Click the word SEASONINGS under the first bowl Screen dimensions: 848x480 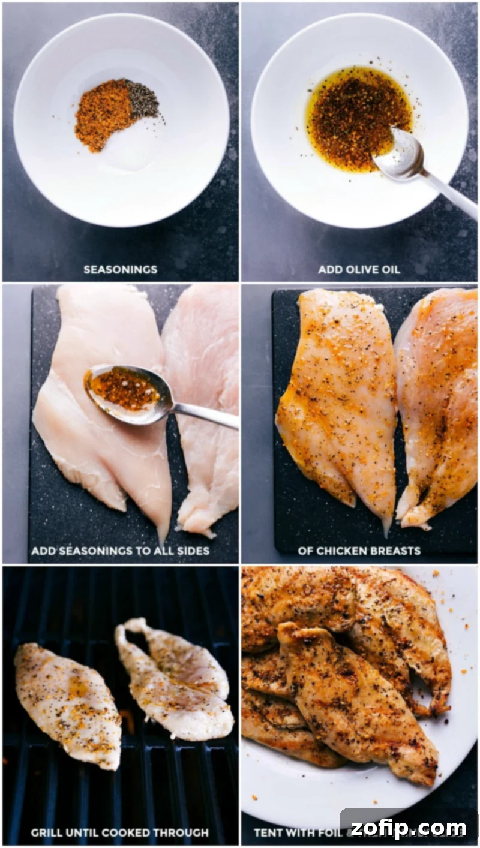pos(120,269)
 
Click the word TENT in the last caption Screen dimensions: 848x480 pos(268,832)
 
